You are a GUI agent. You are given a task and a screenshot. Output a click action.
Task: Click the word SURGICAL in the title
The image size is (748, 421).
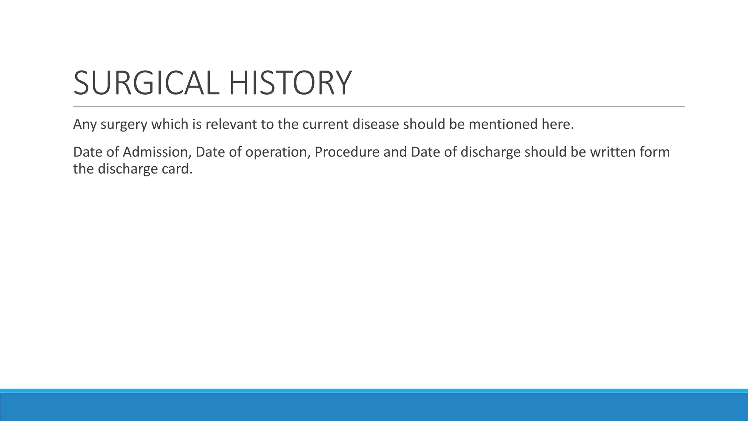(x=146, y=83)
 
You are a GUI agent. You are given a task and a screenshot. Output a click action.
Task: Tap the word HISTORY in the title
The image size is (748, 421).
(x=290, y=83)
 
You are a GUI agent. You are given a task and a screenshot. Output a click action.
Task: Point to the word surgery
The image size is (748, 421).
(x=124, y=125)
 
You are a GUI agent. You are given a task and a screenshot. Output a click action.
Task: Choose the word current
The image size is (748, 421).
(x=325, y=125)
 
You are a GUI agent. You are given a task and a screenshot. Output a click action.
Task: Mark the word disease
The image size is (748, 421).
(x=375, y=125)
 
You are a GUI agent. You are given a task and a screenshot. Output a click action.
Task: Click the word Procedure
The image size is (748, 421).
(x=347, y=152)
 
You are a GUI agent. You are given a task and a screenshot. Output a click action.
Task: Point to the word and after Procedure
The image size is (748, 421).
(x=395, y=152)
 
